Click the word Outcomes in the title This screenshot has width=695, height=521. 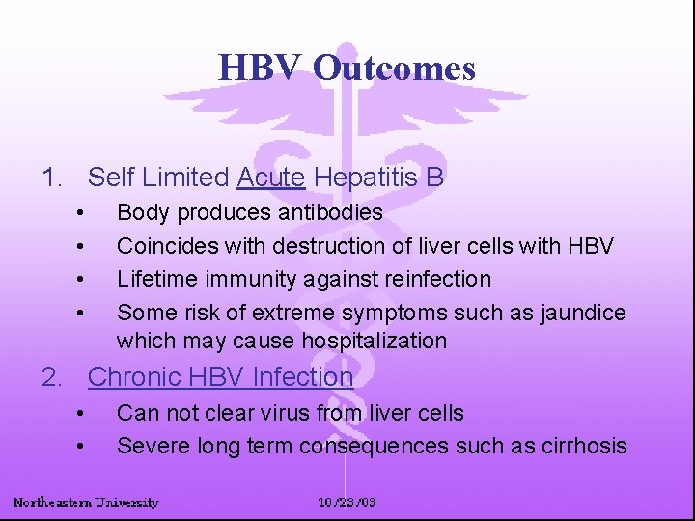tap(394, 69)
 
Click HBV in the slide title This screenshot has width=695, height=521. tap(262, 69)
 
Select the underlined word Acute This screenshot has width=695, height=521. tap(271, 178)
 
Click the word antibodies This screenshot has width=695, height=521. tap(330, 212)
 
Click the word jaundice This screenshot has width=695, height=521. tap(584, 313)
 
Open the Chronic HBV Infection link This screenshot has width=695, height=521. tap(220, 377)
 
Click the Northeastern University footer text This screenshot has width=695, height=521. tap(86, 502)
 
